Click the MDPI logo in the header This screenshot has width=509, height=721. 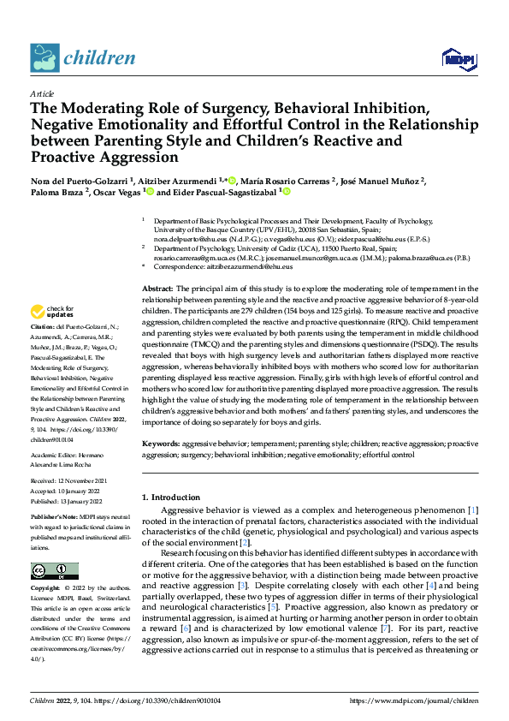(458, 58)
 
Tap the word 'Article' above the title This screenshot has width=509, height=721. (42, 93)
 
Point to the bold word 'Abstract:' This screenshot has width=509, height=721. (158, 266)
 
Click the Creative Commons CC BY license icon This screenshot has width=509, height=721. (54, 571)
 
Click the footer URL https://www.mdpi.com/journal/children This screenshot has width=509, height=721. (414, 700)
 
